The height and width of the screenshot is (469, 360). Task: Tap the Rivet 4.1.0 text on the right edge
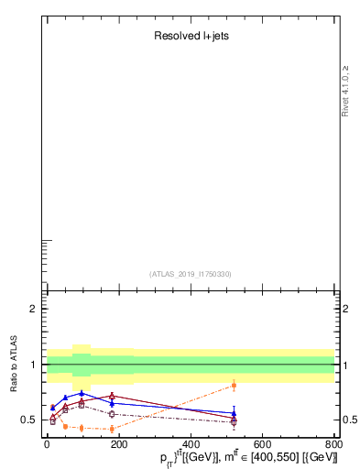345,91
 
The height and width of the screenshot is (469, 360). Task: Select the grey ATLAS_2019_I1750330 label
191,274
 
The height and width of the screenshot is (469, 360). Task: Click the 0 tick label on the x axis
47,444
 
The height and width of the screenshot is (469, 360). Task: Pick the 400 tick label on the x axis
191,444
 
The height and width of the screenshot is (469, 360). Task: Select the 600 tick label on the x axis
262,444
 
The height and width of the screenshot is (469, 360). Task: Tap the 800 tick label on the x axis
334,444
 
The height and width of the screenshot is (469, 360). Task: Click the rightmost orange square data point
234,385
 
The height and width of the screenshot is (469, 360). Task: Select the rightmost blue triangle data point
234,413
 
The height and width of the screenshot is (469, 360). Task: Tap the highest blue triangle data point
82,393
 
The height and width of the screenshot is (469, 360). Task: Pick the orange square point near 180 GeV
112,428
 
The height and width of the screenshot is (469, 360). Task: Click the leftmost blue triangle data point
52,408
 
